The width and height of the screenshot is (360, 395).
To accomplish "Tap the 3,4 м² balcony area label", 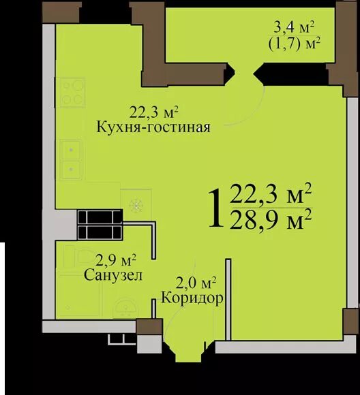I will coord(295,28).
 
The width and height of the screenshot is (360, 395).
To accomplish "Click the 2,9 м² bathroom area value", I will coord(115,259).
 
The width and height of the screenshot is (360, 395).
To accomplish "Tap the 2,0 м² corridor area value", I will coord(198,282).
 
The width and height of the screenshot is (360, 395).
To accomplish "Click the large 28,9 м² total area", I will coord(271,221).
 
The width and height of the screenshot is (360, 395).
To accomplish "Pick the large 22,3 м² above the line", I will coord(271,195).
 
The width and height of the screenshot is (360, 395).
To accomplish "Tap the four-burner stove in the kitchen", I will coord(70,92).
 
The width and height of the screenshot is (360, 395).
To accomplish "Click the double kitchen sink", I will coord(70,159).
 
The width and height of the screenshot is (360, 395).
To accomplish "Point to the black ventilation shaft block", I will coord(99,224).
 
